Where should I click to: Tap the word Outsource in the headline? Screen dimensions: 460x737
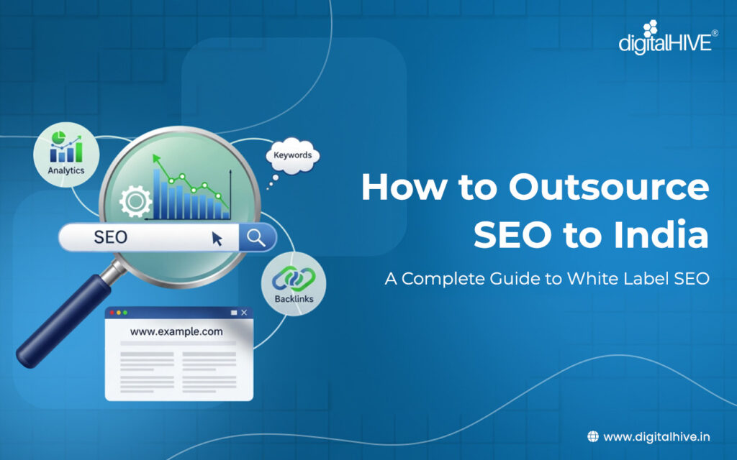click(609, 188)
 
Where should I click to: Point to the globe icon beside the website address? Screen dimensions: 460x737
click(593, 436)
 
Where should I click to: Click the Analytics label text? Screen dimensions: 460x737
click(66, 170)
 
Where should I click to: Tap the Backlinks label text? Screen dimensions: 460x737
click(294, 298)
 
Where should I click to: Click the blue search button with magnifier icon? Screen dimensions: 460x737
click(257, 236)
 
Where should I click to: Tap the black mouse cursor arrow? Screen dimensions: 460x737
click(217, 239)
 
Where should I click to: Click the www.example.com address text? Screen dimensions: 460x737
click(176, 332)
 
